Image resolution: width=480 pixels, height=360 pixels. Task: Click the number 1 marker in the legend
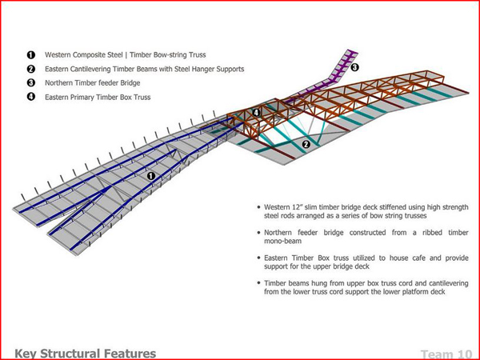tap(31, 55)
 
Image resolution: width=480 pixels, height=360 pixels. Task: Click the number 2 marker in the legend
tap(31, 70)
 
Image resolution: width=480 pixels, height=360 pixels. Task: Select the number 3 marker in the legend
tap(31, 83)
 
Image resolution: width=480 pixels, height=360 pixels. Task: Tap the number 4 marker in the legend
tap(31, 98)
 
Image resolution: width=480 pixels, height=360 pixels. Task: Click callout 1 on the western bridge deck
tap(150, 174)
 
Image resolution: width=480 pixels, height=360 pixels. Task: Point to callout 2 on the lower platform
tap(305, 145)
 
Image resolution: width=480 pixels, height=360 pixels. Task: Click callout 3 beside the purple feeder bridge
tap(354, 67)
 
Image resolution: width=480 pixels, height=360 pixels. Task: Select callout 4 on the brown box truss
tap(256, 113)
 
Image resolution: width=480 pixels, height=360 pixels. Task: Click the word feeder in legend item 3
tap(111, 83)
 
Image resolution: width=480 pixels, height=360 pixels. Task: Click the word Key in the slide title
tap(26, 352)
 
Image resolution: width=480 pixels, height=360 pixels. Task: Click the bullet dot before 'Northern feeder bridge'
tap(255, 233)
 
